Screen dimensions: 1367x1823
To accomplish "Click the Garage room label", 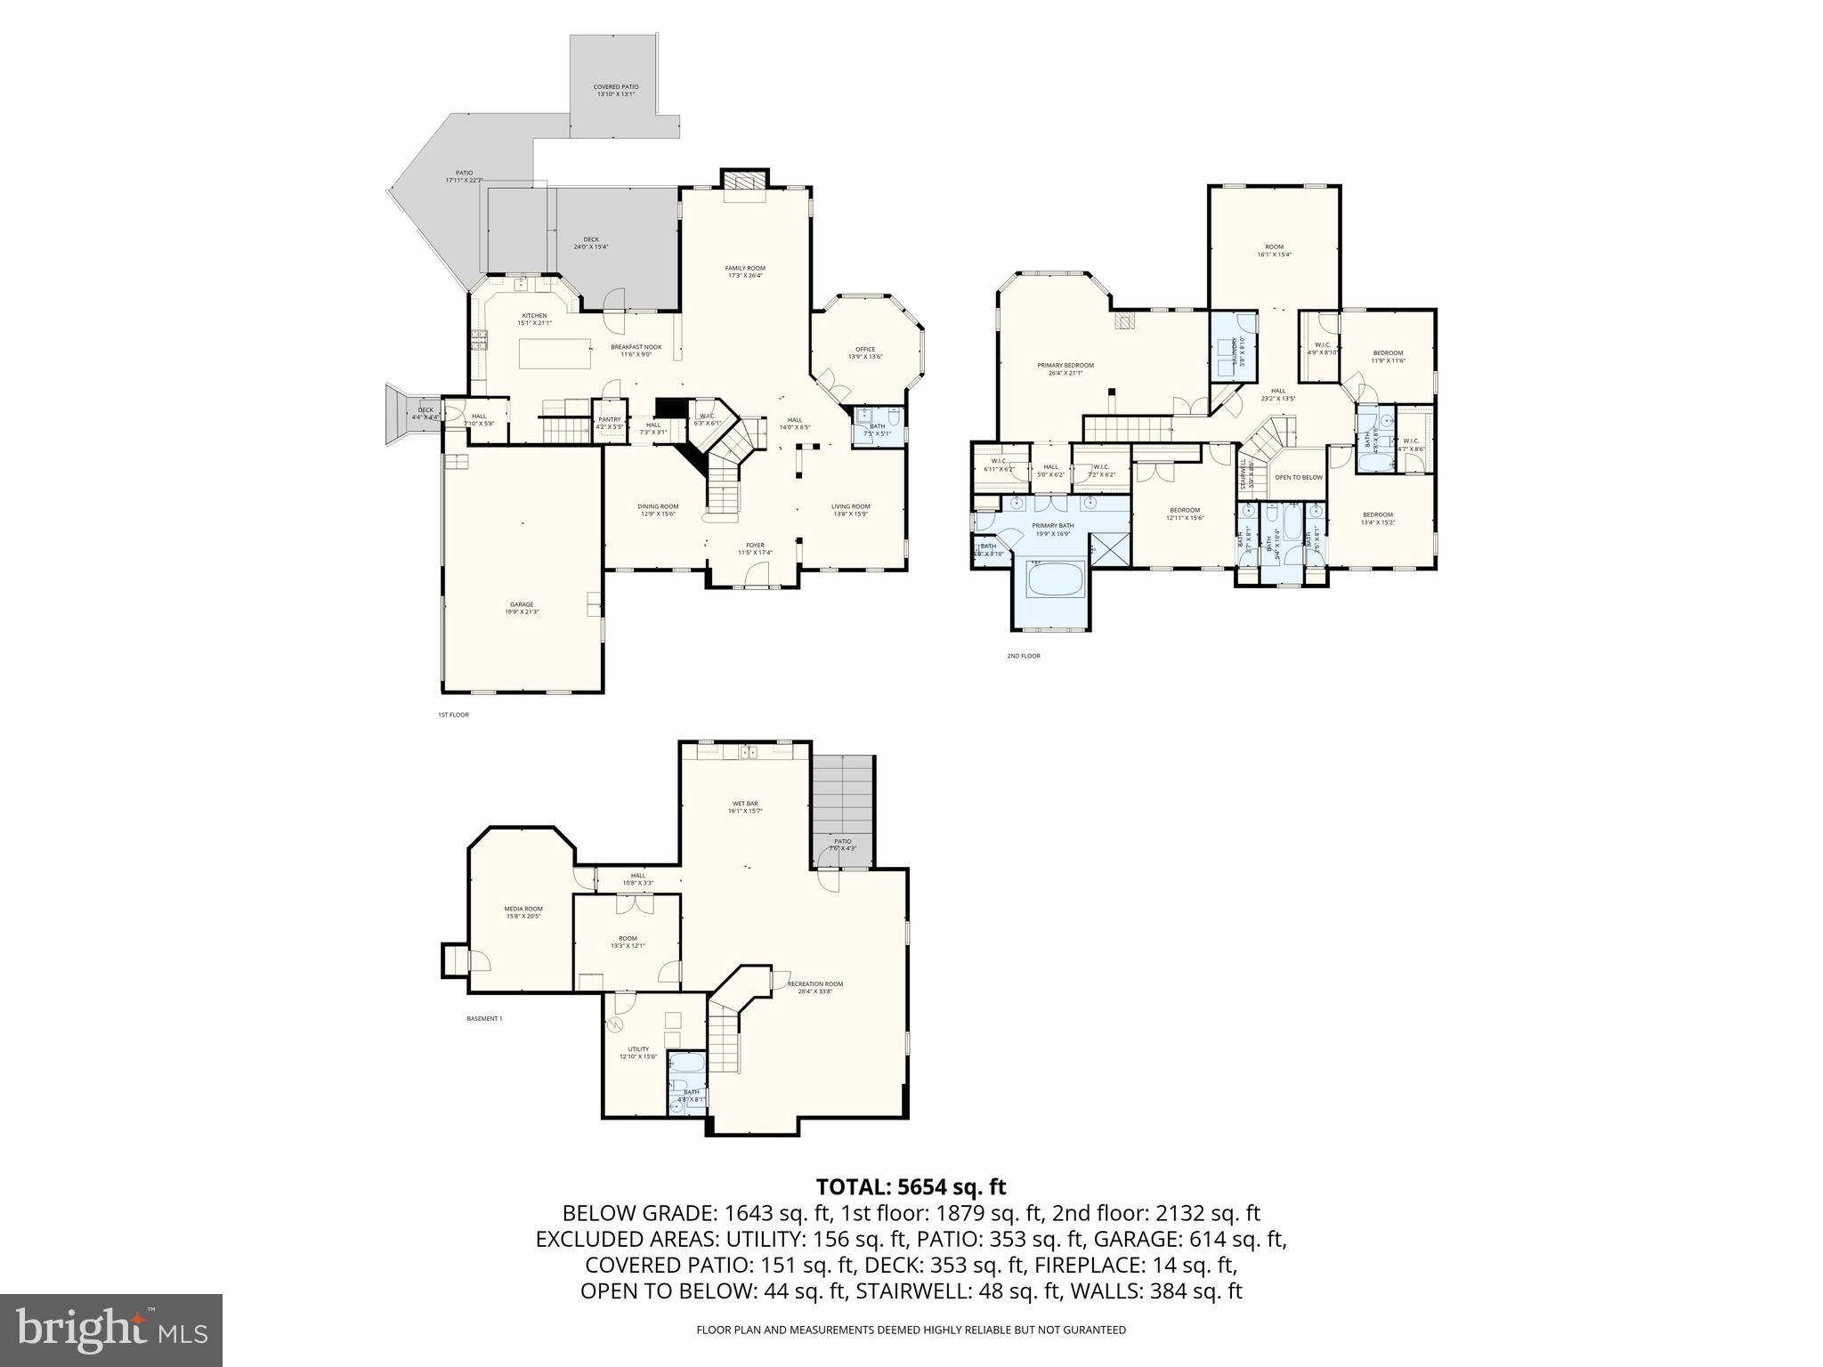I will (x=522, y=608).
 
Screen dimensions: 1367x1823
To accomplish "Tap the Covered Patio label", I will (x=616, y=90).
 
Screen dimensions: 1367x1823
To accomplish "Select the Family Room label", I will (x=744, y=271).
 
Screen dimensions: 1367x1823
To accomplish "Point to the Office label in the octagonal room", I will (x=865, y=352).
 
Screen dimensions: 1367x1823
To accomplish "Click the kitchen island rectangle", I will (x=556, y=353).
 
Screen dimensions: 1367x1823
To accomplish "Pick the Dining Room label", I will (x=658, y=510).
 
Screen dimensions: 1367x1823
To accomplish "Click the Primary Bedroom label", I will (x=1065, y=368).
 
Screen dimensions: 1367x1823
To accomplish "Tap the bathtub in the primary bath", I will (x=1055, y=584).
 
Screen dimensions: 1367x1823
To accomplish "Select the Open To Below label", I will (x=1299, y=478).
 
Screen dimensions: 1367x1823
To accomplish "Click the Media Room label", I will (x=523, y=912).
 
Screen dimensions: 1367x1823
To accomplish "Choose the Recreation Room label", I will (x=814, y=988).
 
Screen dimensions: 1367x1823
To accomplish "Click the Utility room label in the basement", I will (x=638, y=1052).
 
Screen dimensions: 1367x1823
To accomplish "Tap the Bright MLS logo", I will (x=111, y=1331).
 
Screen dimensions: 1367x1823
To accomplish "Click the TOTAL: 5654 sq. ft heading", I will (x=911, y=1186).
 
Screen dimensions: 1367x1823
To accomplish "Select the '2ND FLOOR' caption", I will (x=1024, y=656).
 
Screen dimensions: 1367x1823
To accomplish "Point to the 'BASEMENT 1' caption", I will (x=484, y=1018).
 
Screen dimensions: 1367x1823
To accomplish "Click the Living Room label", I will (x=850, y=510).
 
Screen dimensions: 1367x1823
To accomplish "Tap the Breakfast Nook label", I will (x=636, y=350).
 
